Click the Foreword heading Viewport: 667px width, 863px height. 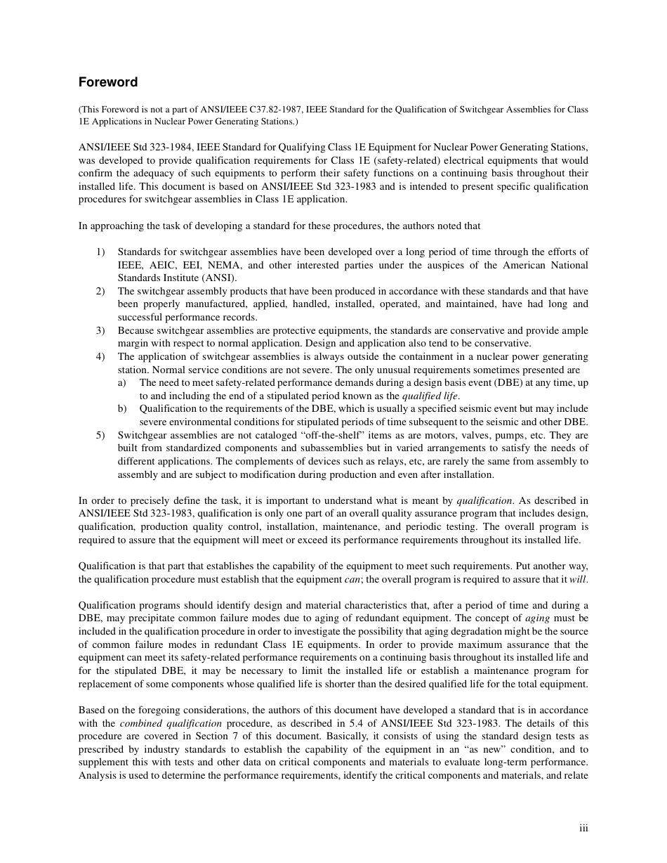click(x=108, y=82)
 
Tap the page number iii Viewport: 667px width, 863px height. click(x=583, y=828)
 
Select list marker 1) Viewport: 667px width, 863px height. click(x=100, y=252)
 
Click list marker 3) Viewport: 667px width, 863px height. click(x=100, y=330)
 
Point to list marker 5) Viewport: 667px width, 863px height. click(x=100, y=435)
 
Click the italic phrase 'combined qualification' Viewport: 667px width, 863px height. click(x=171, y=723)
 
